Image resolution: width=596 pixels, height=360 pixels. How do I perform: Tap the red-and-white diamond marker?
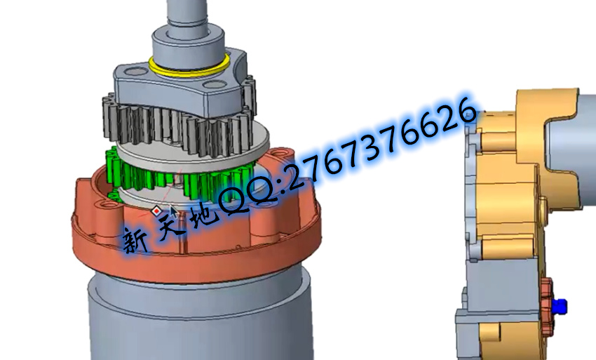156,210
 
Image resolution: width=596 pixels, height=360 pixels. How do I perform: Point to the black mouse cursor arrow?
173,212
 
